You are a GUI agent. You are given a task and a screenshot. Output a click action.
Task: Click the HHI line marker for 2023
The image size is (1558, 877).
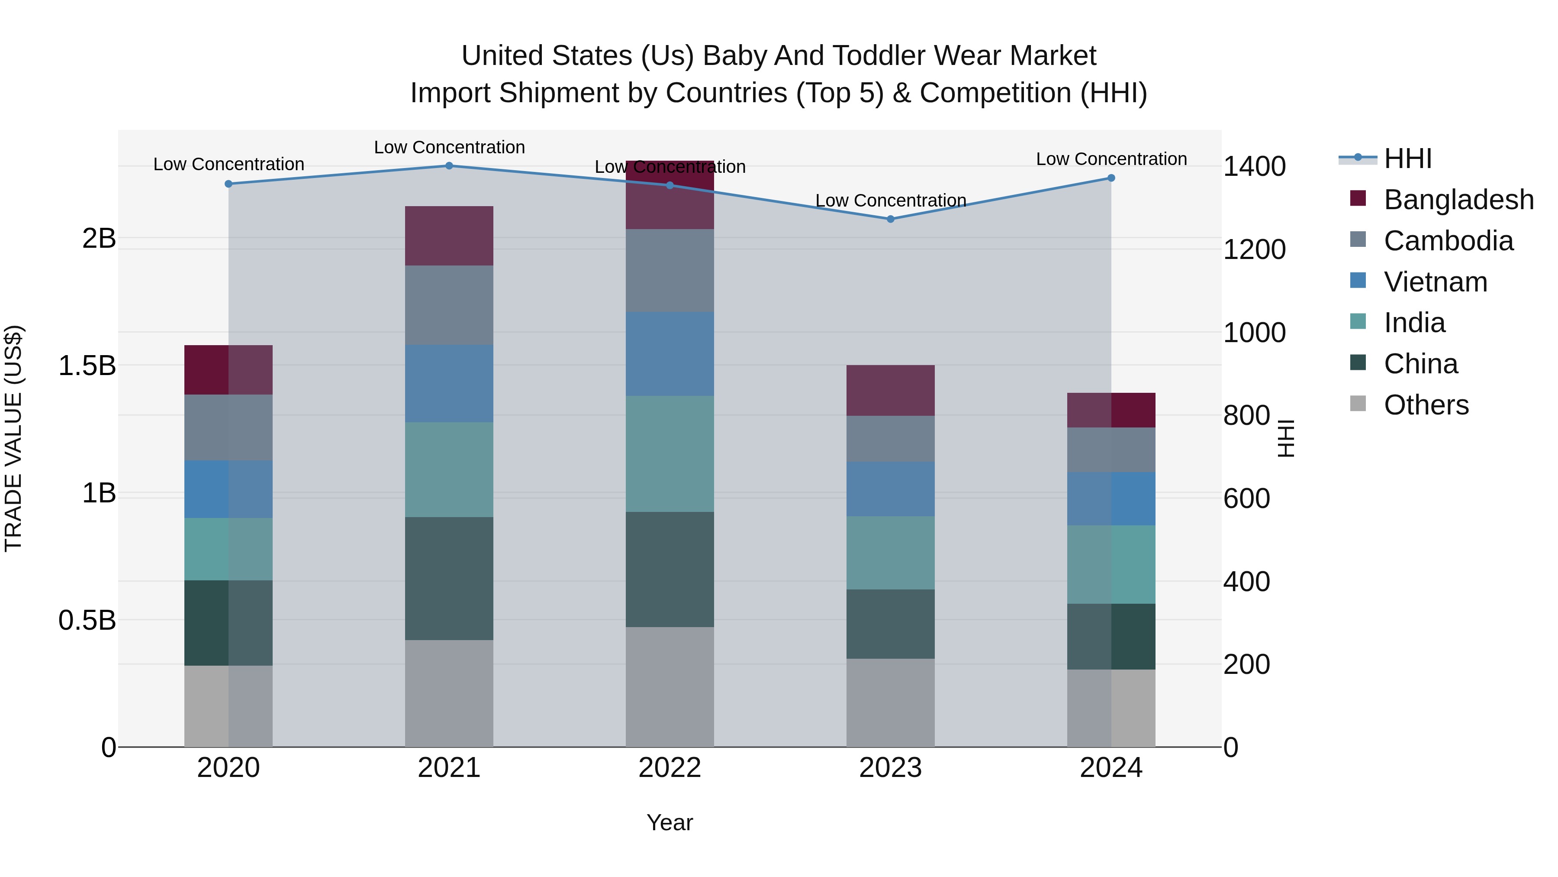[890, 219]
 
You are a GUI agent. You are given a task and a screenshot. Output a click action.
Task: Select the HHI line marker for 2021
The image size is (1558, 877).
[449, 166]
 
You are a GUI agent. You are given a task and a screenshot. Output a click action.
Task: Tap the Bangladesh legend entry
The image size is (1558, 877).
[1458, 200]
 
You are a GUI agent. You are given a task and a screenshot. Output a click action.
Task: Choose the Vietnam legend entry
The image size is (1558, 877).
[1435, 282]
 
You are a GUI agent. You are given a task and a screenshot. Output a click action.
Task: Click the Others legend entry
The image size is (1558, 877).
[1426, 405]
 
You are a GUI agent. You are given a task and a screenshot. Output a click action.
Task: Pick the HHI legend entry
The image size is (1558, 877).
[1407, 159]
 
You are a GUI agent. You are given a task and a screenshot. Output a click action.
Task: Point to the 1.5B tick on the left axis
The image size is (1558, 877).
[87, 366]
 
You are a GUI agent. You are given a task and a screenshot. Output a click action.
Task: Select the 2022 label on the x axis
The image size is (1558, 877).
[670, 768]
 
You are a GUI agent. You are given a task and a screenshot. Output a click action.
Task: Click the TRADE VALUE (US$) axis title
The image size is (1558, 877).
[13, 438]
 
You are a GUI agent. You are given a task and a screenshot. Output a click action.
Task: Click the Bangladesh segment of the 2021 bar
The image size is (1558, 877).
[449, 236]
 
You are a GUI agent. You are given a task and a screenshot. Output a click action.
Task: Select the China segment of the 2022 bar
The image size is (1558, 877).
[670, 569]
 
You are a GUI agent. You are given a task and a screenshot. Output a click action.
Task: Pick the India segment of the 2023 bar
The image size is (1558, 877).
[890, 553]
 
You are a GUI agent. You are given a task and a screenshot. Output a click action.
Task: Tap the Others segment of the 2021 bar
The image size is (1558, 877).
[449, 693]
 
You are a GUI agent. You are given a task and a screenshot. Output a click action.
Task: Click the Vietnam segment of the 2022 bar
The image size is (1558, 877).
[670, 354]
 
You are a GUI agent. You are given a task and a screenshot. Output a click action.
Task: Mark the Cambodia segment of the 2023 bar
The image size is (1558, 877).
[890, 439]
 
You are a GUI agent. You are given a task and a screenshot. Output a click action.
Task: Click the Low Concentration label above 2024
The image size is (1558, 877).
[1111, 159]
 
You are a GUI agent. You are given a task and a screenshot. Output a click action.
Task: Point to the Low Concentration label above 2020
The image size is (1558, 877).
[229, 165]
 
